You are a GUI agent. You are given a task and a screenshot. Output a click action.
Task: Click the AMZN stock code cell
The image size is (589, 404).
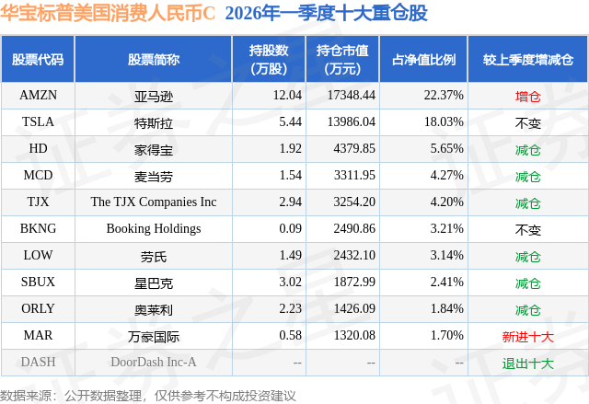(38, 95)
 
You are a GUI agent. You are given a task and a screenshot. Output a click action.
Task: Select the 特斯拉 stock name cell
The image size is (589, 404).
(154, 121)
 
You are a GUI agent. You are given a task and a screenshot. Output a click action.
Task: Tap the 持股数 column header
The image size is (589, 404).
(268, 59)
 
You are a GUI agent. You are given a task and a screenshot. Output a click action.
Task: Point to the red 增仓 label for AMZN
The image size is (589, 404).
(527, 95)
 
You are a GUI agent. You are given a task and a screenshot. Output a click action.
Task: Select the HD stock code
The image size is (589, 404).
(38, 148)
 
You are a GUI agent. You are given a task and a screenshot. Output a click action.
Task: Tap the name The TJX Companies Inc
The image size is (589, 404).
(154, 202)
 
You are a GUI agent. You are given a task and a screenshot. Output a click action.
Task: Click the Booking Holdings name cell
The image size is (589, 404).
(154, 228)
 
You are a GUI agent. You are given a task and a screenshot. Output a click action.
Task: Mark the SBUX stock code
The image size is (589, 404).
(38, 283)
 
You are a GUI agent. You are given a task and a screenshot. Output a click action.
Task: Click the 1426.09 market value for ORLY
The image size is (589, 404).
(350, 309)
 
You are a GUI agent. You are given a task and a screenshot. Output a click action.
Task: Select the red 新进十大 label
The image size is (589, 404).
(527, 336)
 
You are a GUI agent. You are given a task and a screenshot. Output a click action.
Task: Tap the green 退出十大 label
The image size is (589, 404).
(527, 363)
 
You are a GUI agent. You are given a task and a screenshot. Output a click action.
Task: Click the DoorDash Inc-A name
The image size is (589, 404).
(154, 363)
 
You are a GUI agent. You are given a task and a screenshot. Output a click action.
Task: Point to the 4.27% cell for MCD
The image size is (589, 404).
(444, 175)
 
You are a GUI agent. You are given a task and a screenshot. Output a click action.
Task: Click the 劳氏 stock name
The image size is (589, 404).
(154, 256)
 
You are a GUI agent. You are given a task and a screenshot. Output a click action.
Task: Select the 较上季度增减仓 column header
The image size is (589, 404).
(527, 59)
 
